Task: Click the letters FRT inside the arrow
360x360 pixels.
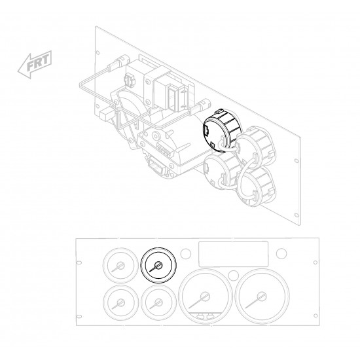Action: [38, 62]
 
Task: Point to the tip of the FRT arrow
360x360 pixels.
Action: [18, 72]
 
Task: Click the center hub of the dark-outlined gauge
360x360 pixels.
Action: [158, 265]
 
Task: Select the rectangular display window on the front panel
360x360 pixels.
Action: [233, 254]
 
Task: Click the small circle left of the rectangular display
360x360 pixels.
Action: [185, 253]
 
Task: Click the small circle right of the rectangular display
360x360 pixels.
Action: [281, 253]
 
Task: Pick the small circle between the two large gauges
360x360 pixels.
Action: [234, 276]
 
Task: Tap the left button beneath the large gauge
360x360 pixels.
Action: [200, 317]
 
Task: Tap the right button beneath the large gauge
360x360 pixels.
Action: [209, 317]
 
